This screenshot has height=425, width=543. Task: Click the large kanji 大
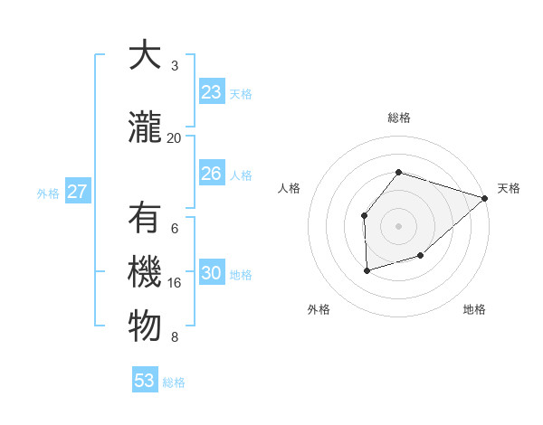coord(145,56)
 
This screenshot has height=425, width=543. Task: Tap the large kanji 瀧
coord(145,128)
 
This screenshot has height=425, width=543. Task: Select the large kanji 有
coord(145,219)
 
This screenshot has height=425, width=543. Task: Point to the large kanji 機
coord(145,273)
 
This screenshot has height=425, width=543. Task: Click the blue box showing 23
coord(211,92)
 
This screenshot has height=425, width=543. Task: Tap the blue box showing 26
coord(211,174)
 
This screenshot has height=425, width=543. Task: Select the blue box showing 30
coord(211,273)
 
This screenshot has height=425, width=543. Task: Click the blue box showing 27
coord(77,192)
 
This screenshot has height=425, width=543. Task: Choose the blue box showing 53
coord(145,381)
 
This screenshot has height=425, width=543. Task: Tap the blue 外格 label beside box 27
coord(48,193)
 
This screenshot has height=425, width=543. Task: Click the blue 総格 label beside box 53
coord(174,382)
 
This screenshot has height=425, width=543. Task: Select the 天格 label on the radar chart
coord(509,188)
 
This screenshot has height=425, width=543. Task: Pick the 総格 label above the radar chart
coord(399,118)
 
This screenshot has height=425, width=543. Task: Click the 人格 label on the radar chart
coord(290,188)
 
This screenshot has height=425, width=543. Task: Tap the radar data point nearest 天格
coord(485,197)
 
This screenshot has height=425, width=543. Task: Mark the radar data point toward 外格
coord(367,270)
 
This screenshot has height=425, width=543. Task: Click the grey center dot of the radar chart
coord(399,225)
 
